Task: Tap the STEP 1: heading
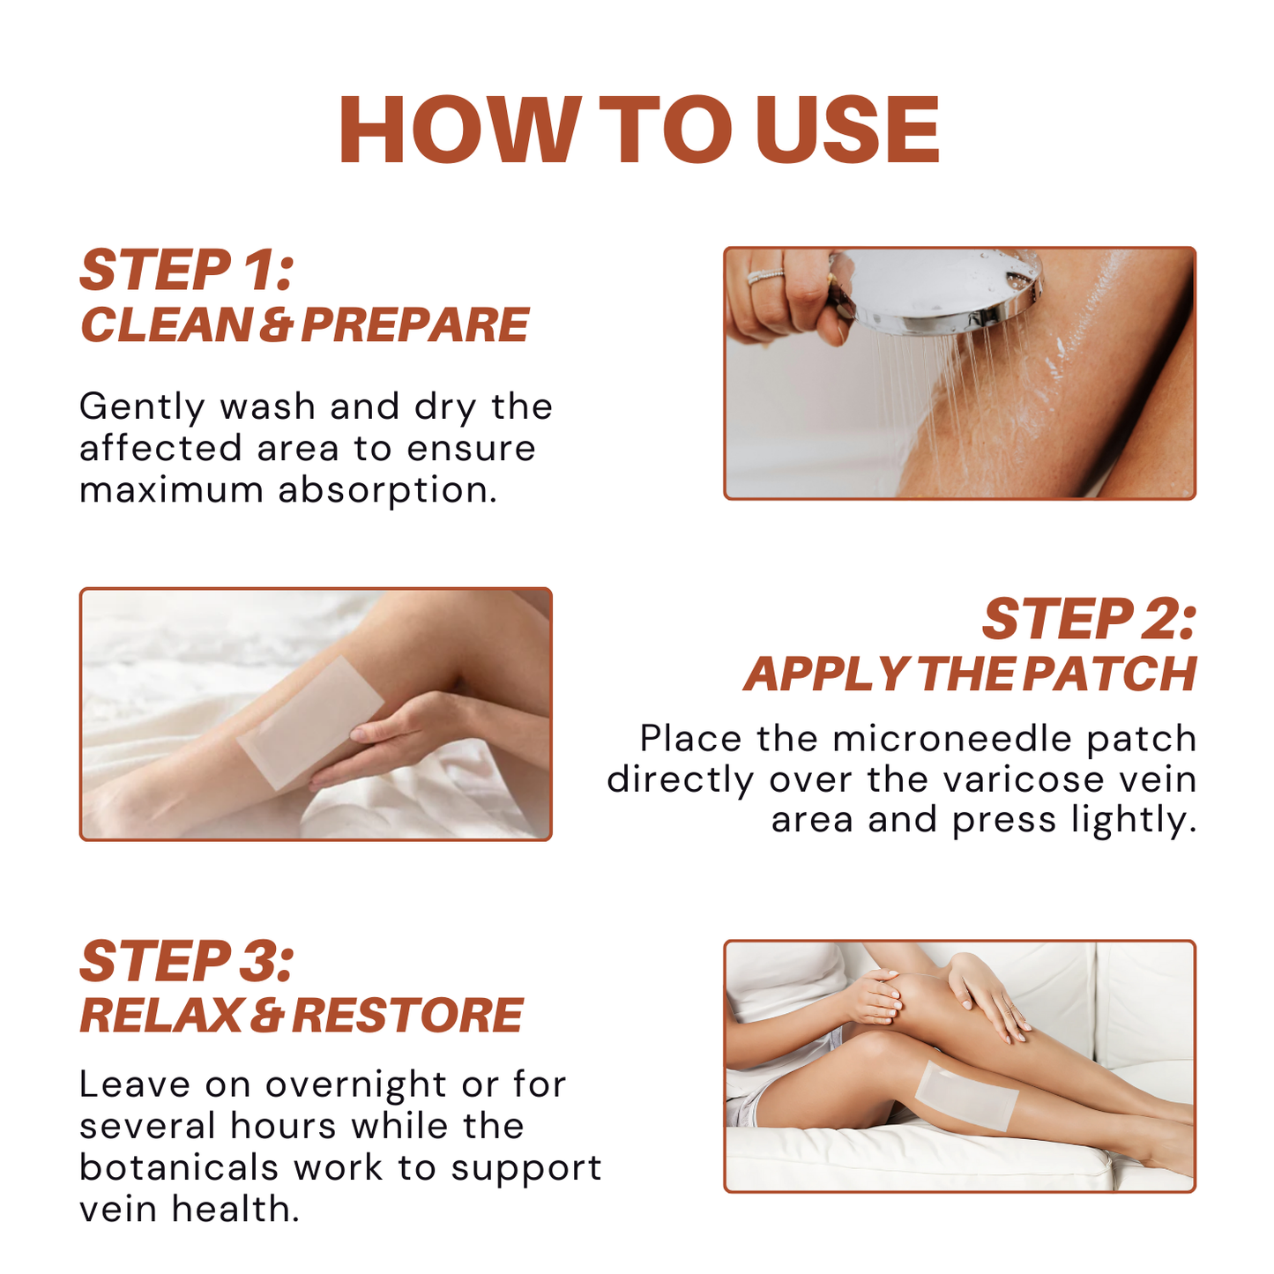point(186,270)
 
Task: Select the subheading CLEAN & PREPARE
point(304,325)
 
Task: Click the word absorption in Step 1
point(387,490)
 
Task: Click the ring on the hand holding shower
point(765,276)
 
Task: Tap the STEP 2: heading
point(1089,619)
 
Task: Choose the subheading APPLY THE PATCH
point(970,674)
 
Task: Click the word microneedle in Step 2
point(952,739)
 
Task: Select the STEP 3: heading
point(186,961)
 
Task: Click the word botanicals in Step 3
point(179,1167)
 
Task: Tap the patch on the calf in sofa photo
point(965,1093)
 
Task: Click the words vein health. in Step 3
point(190,1209)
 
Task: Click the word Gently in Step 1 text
point(142,407)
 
